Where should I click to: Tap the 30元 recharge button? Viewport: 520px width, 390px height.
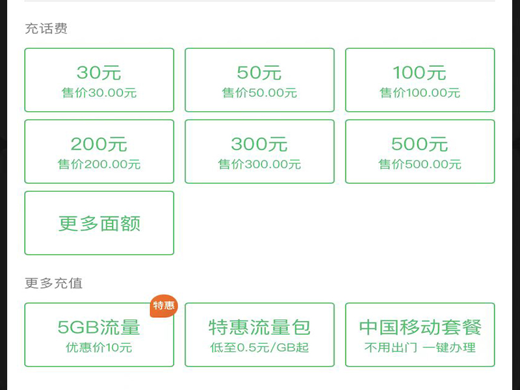coord(99,79)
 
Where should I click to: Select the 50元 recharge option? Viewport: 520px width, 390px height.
coord(259,79)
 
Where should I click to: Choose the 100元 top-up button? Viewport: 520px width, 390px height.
coord(419,79)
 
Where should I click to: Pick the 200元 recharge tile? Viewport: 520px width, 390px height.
coord(99,151)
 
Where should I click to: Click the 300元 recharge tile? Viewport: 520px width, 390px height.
coord(259,151)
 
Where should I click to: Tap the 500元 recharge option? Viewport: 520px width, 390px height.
coord(419,151)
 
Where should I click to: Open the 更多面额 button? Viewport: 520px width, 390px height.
coord(99,223)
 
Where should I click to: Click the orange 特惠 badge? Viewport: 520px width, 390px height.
coord(164,305)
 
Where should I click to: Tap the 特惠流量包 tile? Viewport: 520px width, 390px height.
coord(259,335)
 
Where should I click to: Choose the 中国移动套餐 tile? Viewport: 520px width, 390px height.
coord(419,335)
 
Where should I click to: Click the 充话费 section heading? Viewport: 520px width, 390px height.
coord(46,29)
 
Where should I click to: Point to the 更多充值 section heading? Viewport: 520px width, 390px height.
coord(54,283)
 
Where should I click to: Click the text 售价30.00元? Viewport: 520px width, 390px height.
coord(99,93)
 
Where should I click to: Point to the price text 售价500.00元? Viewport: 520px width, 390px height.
coord(420,164)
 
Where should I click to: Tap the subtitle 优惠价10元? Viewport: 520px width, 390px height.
coord(99,348)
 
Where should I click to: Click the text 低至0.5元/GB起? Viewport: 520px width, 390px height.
coord(259,348)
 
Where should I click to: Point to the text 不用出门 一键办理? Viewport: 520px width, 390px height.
coord(420,348)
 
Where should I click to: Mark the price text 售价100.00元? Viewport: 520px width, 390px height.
coord(420,93)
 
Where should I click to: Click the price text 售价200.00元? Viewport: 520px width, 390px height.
coord(99,164)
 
